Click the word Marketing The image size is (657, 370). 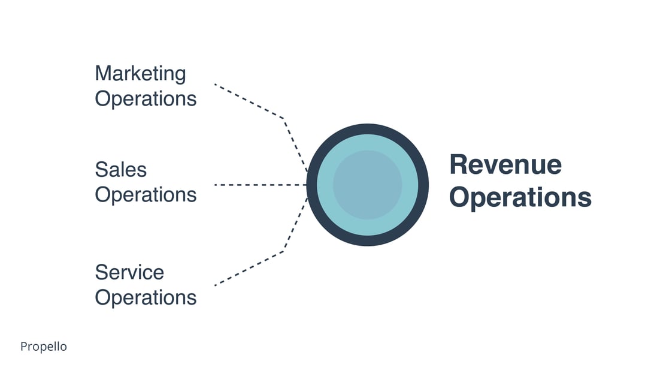point(140,74)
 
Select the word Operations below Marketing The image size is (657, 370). point(146,98)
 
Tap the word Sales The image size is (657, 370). point(120,170)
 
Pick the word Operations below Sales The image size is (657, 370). point(146,195)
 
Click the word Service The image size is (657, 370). point(129,272)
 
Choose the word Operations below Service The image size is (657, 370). point(146,297)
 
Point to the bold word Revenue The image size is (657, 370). point(505,164)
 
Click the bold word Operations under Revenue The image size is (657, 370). point(520,197)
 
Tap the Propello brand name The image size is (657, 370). point(44,347)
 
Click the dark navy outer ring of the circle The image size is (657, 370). point(368,129)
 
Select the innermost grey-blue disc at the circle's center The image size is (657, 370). point(367,185)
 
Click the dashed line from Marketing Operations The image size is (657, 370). point(249,101)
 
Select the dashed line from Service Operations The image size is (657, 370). point(249,268)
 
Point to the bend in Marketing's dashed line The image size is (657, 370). point(283,118)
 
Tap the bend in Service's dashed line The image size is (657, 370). point(283,252)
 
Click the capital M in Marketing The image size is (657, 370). point(103,74)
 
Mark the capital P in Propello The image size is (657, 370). point(23,347)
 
